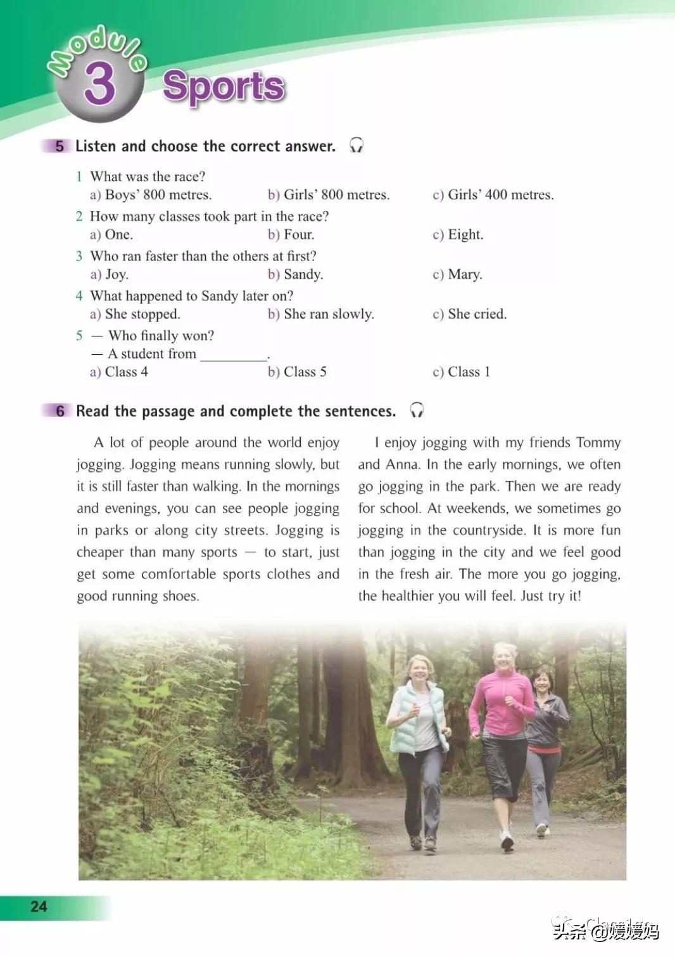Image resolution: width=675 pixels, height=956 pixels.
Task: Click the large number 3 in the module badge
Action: [x=100, y=84]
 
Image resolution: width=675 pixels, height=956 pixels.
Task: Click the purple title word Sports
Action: [x=224, y=86]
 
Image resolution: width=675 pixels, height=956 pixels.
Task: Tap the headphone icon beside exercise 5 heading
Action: [x=356, y=146]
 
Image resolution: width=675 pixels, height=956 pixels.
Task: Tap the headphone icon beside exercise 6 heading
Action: [x=417, y=411]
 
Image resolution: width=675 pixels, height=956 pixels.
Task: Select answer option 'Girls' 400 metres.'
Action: [x=493, y=195]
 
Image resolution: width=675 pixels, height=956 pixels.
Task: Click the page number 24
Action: [x=39, y=907]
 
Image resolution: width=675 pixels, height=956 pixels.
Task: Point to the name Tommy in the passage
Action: [x=597, y=442]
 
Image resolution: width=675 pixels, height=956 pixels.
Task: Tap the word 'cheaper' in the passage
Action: [x=99, y=552]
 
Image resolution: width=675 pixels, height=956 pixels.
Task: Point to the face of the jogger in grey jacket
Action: [x=543, y=682]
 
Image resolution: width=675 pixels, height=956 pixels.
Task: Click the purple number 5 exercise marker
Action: [x=59, y=146]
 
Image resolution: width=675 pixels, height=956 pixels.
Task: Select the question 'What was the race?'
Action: [x=148, y=177]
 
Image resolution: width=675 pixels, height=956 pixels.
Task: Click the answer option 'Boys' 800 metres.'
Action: [x=151, y=195]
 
